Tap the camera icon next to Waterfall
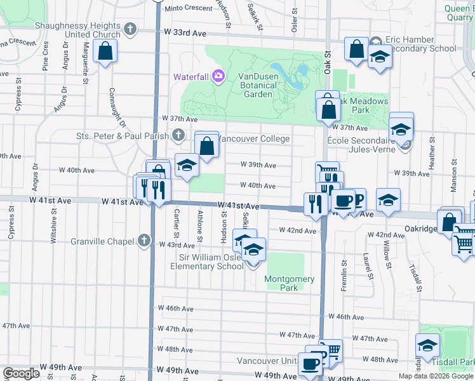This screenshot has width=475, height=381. pyautogui.click(x=219, y=76)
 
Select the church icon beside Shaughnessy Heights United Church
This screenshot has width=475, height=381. pyautogui.click(x=130, y=29)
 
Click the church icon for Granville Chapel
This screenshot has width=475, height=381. pyautogui.click(x=144, y=241)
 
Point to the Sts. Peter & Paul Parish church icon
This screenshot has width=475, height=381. pyautogui.click(x=178, y=135)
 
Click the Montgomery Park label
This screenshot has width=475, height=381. pyautogui.click(x=290, y=283)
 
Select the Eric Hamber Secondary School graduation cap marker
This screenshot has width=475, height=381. pyautogui.click(x=380, y=57)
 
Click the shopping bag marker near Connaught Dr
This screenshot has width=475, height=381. pyautogui.click(x=105, y=51)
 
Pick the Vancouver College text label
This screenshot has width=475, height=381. pyautogui.click(x=254, y=138)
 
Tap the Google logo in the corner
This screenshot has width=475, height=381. pyautogui.click(x=22, y=373)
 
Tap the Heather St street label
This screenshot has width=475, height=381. pyautogui.click(x=431, y=153)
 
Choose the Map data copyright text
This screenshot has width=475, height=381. pyautogui.click(x=436, y=376)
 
